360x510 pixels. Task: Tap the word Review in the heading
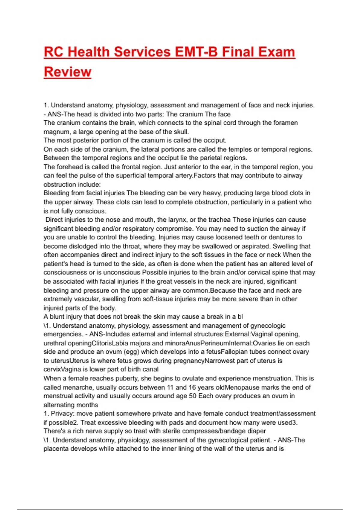point(67,72)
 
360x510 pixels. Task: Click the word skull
point(181,132)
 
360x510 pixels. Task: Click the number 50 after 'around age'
point(193,396)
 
